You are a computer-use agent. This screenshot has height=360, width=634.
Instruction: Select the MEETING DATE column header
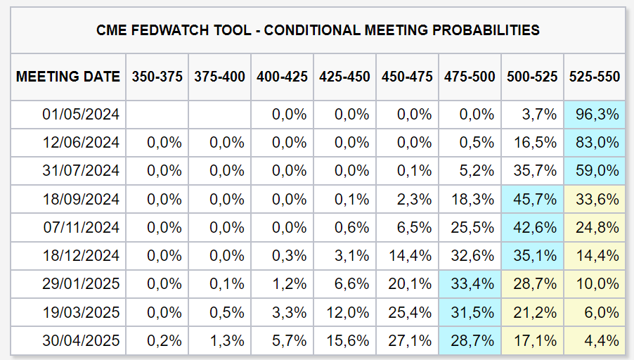tap(68, 77)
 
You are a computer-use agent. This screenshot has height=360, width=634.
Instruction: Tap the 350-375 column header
tap(157, 77)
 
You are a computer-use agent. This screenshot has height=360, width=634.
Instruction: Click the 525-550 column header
tap(595, 77)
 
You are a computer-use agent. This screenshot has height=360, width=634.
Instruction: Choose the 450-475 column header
tap(407, 77)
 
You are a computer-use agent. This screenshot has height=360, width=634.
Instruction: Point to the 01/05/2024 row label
tap(81, 115)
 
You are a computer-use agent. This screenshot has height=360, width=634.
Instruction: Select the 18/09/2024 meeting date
tap(81, 200)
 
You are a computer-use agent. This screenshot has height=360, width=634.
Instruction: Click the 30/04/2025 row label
tap(81, 340)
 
